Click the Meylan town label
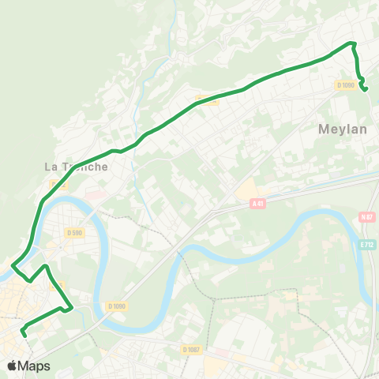[343, 129]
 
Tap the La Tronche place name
[76, 167]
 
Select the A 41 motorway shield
[257, 203]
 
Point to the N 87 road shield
[366, 217]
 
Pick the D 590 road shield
[74, 233]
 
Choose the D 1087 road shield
[190, 350]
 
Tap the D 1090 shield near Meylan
[346, 85]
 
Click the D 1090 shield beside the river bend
[115, 306]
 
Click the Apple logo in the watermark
[12, 366]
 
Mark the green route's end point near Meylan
[365, 90]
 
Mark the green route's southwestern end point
[25, 335]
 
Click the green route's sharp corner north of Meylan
[353, 43]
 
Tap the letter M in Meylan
[325, 129]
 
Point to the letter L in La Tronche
[47, 167]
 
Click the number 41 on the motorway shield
[259, 203]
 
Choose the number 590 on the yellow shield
[77, 233]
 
